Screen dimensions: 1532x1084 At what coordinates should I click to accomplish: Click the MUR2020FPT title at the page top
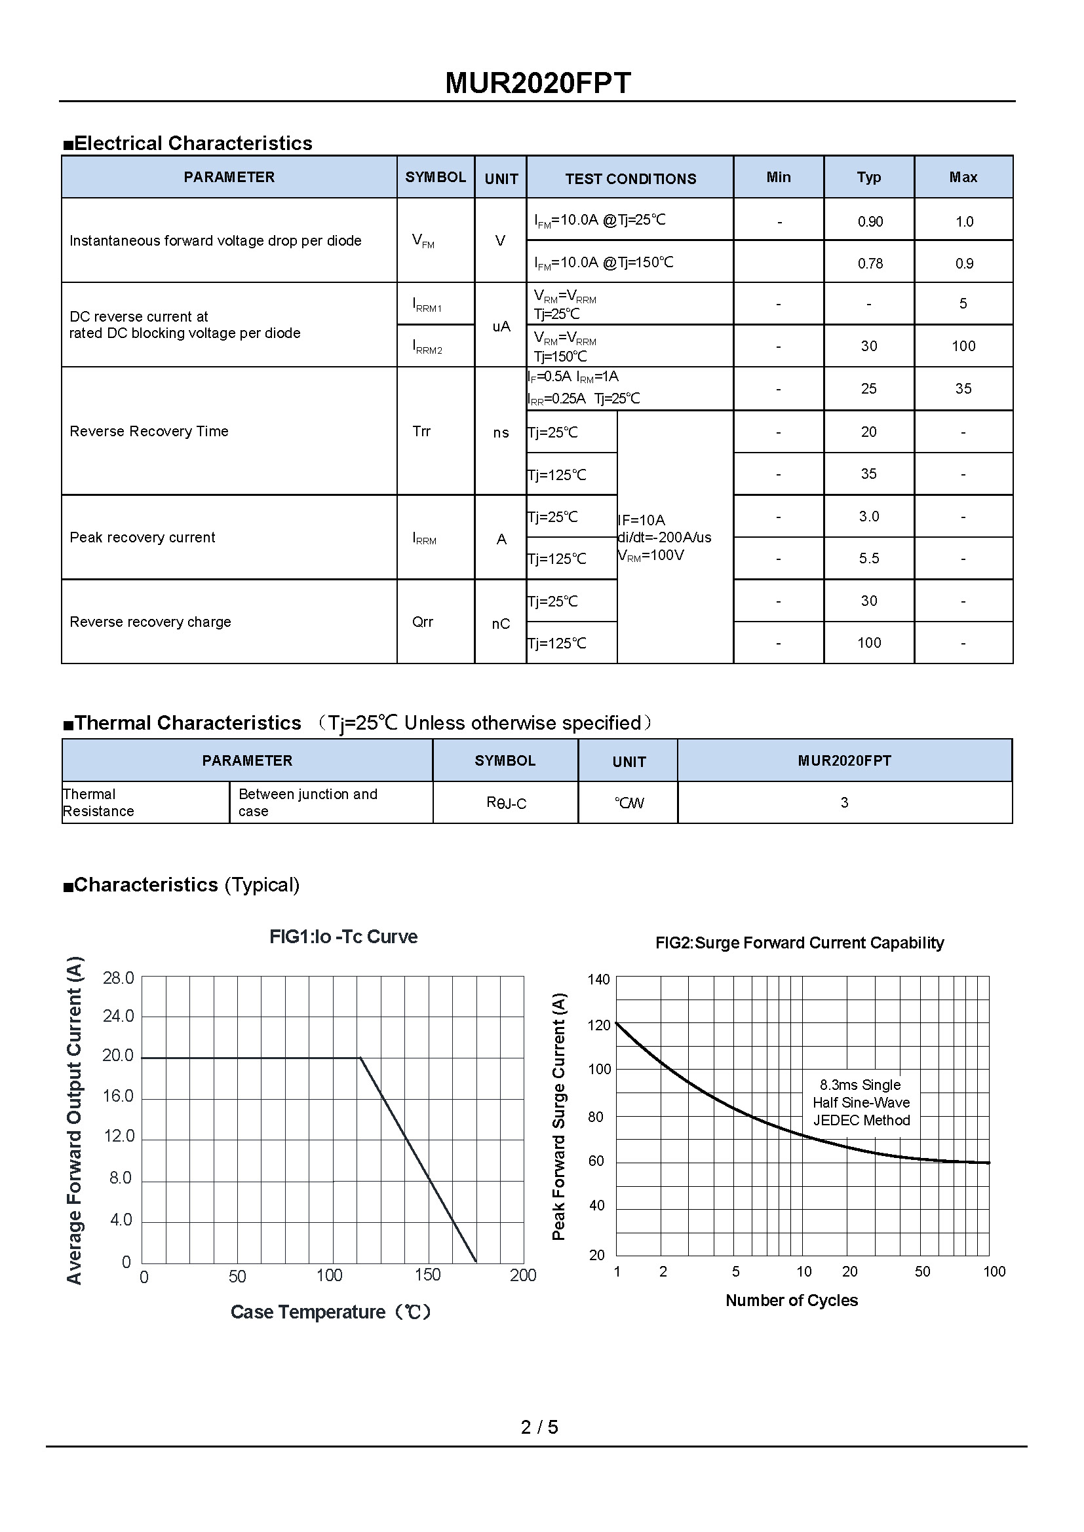tap(537, 83)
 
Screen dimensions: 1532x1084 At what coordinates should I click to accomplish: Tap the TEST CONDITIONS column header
tap(630, 179)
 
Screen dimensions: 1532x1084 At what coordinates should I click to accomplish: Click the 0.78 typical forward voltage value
tap(870, 263)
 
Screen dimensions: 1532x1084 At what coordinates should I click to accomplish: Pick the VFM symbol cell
tap(423, 241)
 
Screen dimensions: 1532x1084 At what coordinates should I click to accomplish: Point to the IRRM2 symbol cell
tap(427, 347)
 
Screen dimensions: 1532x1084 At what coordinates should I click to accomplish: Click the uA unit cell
tap(501, 326)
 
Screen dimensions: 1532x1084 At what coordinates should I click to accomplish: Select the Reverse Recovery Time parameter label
tap(149, 432)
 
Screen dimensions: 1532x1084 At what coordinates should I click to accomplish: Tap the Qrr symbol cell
tap(423, 622)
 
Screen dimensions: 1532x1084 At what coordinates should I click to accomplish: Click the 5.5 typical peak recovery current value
tap(868, 559)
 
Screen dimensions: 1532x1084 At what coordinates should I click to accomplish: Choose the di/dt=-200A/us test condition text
tap(665, 538)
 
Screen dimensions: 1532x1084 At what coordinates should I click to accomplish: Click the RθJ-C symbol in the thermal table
tap(506, 803)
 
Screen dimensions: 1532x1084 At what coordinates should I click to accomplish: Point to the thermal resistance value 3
tap(844, 803)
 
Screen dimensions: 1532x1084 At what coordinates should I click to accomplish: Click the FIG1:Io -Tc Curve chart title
tap(343, 937)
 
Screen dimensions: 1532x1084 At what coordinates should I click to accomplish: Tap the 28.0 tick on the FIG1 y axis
tap(118, 978)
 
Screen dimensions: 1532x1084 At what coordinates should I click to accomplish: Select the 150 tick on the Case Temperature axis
tap(427, 1275)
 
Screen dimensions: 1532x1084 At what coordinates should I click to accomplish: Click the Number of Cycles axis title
tap(792, 1301)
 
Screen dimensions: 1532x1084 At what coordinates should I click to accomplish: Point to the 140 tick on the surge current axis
tap(599, 979)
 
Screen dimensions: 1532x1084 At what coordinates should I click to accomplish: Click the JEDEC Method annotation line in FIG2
tap(861, 1120)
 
